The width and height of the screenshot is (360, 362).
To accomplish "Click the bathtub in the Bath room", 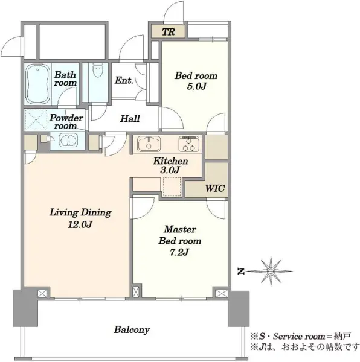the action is [x=37, y=84].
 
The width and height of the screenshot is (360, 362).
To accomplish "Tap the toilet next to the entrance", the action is [x=97, y=70].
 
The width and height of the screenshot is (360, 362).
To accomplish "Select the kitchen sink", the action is [x=149, y=144].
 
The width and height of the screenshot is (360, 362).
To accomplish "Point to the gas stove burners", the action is [x=189, y=144].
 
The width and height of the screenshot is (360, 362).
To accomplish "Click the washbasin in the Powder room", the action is [x=68, y=141].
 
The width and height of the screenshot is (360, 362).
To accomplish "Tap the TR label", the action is [x=169, y=32].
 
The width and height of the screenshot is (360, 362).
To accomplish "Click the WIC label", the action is [x=215, y=188].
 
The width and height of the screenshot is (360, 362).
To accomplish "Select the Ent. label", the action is [x=124, y=80].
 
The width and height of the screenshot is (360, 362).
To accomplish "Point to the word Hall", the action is [x=130, y=118].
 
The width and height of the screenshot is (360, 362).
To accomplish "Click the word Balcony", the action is [x=132, y=329].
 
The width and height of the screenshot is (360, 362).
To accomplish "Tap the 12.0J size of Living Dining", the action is [x=80, y=224].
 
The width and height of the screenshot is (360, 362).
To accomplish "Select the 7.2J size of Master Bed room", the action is [x=179, y=252].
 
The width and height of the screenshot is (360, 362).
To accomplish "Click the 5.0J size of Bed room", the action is [x=196, y=86].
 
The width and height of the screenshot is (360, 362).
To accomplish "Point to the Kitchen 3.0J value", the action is [x=170, y=170].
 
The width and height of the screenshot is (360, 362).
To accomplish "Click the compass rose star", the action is [x=271, y=271].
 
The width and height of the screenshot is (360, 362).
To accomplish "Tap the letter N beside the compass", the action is [x=241, y=271].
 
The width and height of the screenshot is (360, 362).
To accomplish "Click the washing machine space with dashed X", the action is [x=36, y=120].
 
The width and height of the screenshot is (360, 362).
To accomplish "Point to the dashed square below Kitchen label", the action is [x=172, y=187].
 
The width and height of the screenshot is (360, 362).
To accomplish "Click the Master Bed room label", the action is [x=180, y=235].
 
